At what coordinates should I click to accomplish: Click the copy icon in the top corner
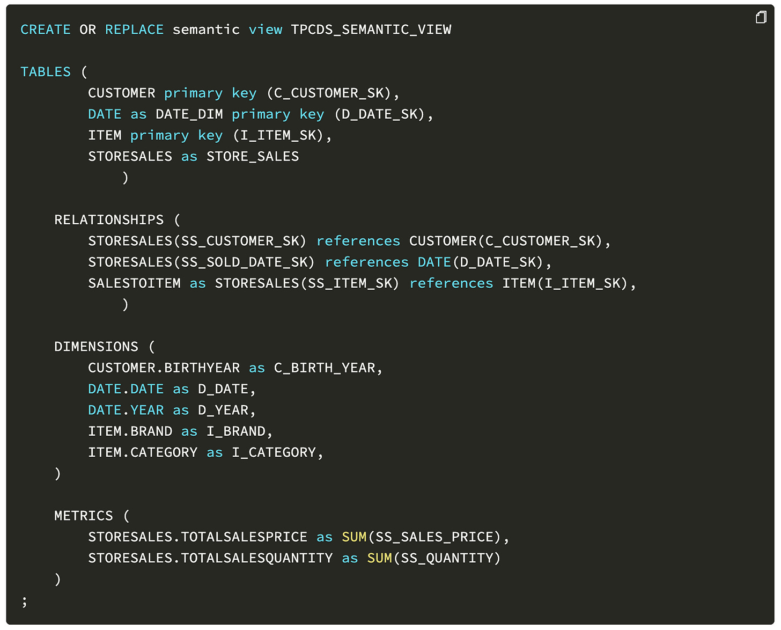(761, 18)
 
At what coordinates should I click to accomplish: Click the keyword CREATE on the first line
(45, 30)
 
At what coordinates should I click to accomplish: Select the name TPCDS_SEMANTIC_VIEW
(371, 30)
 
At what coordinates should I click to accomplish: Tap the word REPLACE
(134, 30)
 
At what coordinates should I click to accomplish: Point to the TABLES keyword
(45, 72)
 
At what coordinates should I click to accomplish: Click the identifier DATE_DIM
(189, 114)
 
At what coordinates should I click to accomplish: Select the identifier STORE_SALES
(253, 157)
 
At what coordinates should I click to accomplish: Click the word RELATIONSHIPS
(109, 220)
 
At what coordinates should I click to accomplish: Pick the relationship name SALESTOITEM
(134, 283)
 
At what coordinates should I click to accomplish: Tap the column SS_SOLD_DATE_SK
(248, 262)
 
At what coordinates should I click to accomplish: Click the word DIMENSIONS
(96, 347)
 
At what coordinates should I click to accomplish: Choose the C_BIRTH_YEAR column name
(325, 368)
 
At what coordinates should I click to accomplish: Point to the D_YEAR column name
(223, 411)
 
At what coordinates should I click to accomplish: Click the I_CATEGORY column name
(274, 453)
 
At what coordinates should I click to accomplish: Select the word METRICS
(84, 516)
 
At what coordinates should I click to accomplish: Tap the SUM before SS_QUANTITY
(379, 559)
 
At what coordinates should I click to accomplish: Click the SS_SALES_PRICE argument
(434, 537)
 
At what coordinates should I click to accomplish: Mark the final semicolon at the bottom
(24, 602)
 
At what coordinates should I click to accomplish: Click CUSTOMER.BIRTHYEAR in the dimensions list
(164, 368)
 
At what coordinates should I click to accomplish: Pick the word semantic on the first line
(206, 30)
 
